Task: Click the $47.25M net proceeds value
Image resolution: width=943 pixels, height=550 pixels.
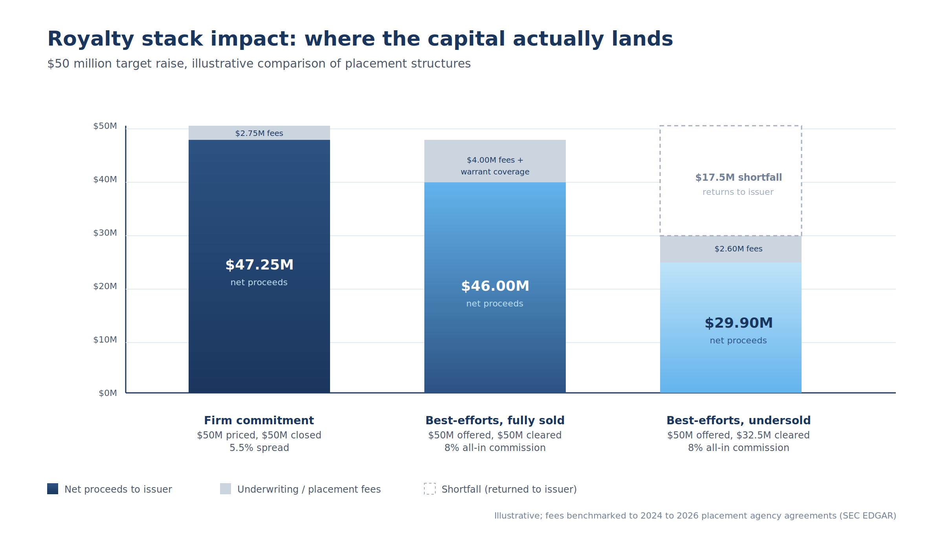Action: click(259, 265)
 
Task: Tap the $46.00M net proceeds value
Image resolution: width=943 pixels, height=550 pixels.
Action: click(495, 286)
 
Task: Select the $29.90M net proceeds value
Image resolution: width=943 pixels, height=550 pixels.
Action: click(739, 323)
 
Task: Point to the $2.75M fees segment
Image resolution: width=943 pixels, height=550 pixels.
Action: click(259, 133)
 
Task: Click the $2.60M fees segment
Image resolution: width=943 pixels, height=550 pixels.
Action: click(731, 249)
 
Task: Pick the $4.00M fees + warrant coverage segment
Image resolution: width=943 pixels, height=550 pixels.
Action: click(495, 161)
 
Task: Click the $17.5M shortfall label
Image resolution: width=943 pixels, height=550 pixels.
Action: click(739, 178)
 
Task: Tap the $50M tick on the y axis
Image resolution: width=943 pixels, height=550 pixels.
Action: click(105, 126)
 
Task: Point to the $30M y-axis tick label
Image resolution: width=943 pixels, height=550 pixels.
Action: click(105, 233)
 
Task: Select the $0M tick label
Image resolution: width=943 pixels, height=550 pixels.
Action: click(108, 393)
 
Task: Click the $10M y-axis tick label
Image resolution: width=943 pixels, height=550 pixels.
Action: click(105, 340)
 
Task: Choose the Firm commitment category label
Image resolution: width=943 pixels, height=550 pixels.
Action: click(259, 420)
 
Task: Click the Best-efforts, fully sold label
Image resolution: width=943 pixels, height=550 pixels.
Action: click(495, 420)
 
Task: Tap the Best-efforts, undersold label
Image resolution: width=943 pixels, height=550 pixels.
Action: click(739, 420)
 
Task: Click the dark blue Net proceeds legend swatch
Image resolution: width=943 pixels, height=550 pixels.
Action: click(53, 489)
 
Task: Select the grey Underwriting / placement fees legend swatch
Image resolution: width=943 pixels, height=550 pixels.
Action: click(226, 489)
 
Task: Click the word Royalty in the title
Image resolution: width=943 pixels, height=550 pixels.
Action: click(91, 39)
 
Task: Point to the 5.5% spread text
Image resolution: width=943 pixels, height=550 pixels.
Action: click(259, 448)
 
